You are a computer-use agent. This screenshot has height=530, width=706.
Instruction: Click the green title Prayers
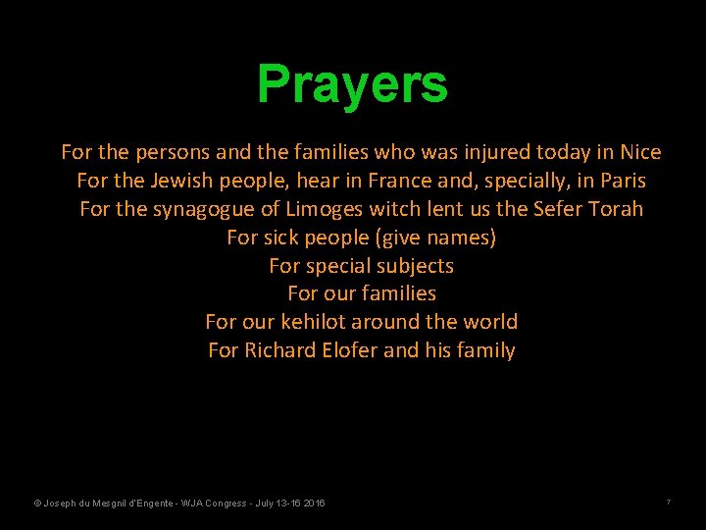pos(352,84)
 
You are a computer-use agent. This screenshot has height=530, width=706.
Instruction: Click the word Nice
pos(640,152)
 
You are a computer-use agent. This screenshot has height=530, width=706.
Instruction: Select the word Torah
pos(616,209)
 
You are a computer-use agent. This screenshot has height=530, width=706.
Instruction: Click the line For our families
pos(362,293)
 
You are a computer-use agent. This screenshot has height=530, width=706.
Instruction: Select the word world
pos(489,322)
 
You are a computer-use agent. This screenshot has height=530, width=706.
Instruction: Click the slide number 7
pos(668,503)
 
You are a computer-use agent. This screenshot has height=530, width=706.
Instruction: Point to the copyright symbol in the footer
pos(37,503)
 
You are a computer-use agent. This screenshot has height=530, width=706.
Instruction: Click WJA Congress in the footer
pos(209,503)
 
